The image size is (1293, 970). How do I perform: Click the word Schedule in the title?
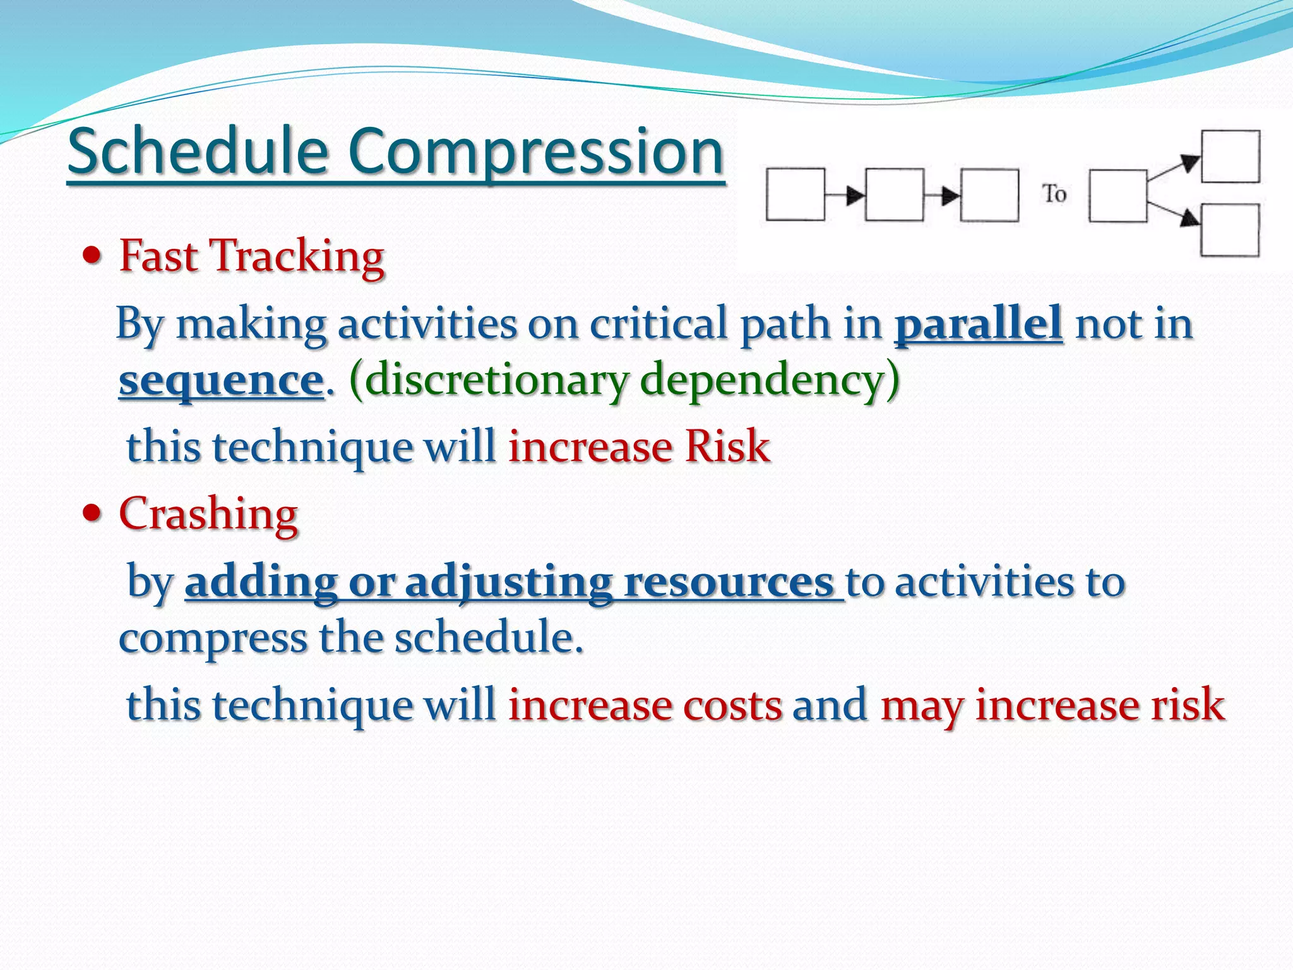(x=198, y=152)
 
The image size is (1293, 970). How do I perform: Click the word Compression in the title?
(x=534, y=152)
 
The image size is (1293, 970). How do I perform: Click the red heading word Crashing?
(x=208, y=513)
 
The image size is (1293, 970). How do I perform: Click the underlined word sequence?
(x=221, y=380)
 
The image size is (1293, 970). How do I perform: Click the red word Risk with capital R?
(x=727, y=447)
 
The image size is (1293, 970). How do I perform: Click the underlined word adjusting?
(x=508, y=582)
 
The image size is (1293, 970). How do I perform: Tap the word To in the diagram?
(x=1054, y=194)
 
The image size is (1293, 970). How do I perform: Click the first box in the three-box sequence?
(x=795, y=195)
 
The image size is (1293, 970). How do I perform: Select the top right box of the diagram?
(x=1230, y=156)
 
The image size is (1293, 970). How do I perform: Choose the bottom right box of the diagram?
(x=1230, y=230)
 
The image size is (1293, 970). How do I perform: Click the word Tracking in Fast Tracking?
(x=296, y=257)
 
